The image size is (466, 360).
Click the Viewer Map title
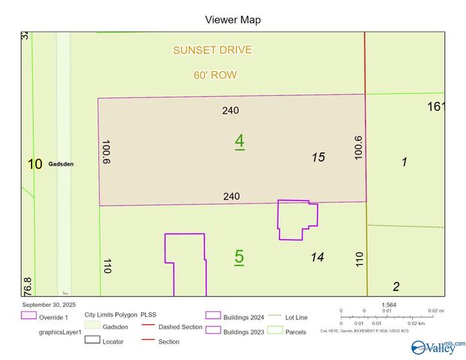(x=233, y=19)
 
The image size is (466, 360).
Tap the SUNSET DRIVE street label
(x=212, y=50)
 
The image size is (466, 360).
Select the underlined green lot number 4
(x=239, y=140)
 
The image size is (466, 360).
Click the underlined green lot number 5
(x=239, y=256)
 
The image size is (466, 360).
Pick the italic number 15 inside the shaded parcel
(x=318, y=157)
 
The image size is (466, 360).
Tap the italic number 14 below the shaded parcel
(x=317, y=257)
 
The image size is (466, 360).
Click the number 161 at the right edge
(x=436, y=106)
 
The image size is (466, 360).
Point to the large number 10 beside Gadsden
(x=35, y=164)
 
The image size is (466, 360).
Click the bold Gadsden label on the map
(x=61, y=166)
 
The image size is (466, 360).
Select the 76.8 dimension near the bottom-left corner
(x=28, y=286)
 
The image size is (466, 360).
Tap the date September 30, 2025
(x=50, y=304)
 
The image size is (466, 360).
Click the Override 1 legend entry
(x=53, y=317)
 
